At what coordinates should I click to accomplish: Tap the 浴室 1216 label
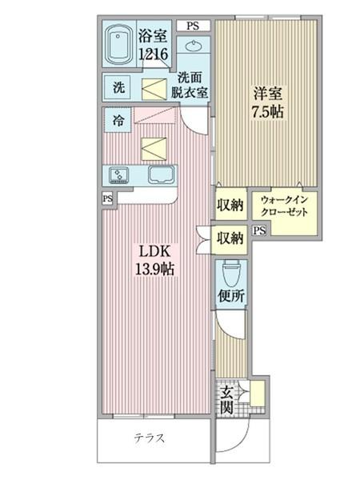click(154, 45)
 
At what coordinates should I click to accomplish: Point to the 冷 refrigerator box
click(117, 122)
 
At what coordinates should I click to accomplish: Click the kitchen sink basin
click(162, 175)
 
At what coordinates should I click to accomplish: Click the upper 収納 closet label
click(230, 206)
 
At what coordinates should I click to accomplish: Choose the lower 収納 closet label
click(230, 237)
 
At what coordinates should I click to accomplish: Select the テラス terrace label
click(149, 438)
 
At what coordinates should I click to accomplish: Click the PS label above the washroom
click(193, 26)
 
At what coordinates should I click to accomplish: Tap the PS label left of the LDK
click(107, 198)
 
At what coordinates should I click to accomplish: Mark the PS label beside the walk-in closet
click(258, 231)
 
